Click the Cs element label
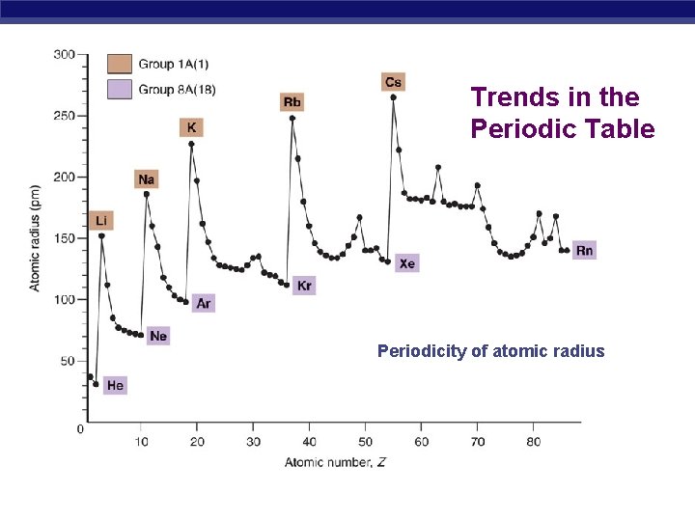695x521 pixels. point(393,82)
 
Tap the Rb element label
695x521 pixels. point(292,102)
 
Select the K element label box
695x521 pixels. point(191,127)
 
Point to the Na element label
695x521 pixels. point(147,179)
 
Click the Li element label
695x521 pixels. point(101,221)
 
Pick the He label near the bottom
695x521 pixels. point(115,385)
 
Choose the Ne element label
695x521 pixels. point(158,336)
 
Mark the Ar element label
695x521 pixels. point(203,303)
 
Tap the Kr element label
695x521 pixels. point(304,286)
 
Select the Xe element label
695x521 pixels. point(406,262)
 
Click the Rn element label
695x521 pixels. point(584,250)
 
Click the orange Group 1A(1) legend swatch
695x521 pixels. point(120,65)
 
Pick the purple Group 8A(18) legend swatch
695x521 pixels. point(120,89)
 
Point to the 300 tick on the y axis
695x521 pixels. point(64,54)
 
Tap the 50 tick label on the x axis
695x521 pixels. point(365,442)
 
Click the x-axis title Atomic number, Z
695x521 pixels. point(335,463)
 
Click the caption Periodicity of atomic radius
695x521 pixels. point(490,351)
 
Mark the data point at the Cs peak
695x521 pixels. point(393,96)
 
